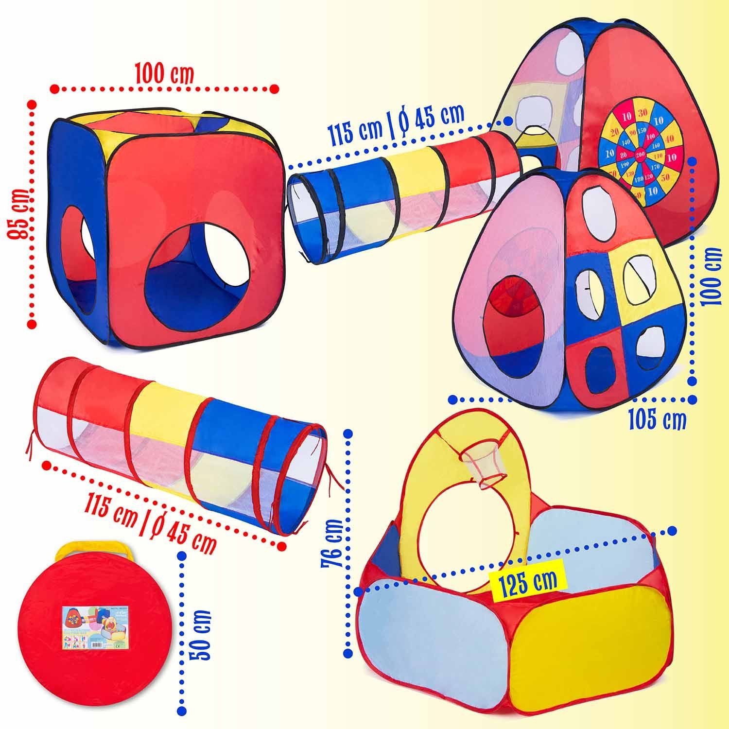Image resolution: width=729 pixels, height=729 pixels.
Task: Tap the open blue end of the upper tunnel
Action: click(305, 214)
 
